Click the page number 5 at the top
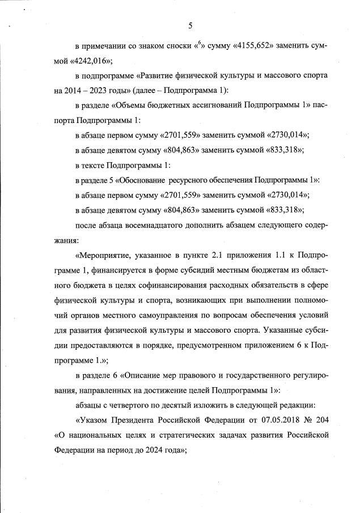point(190,25)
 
